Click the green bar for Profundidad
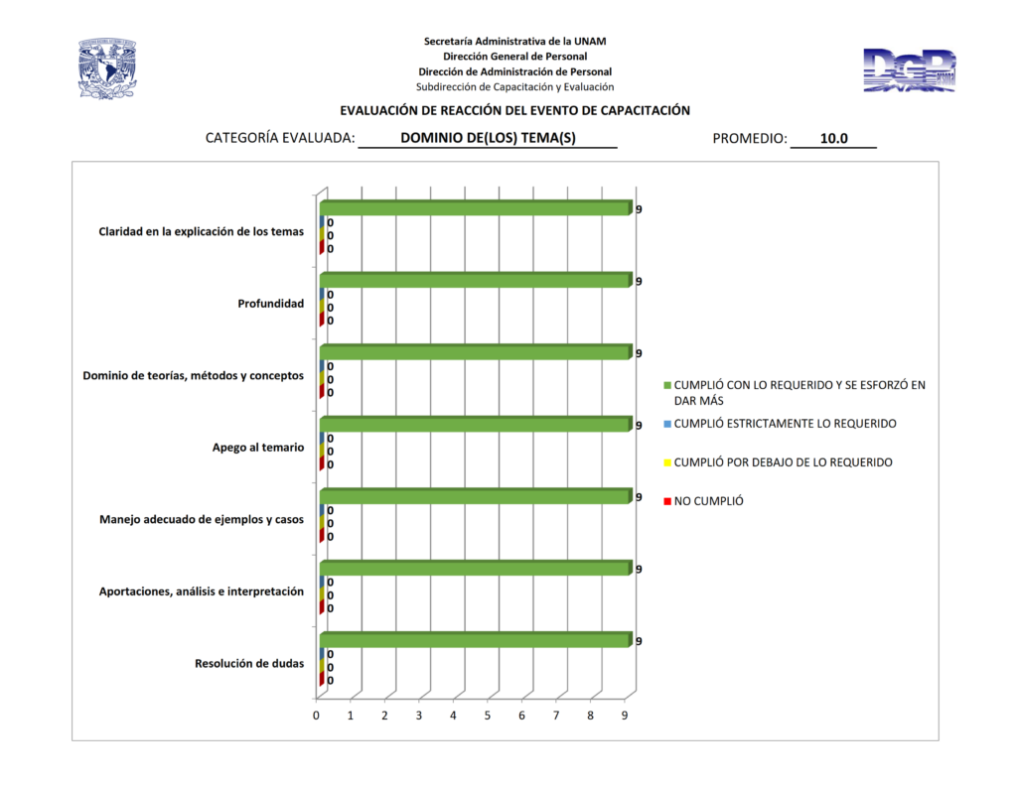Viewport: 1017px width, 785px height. (475, 281)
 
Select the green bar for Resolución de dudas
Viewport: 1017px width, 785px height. (475, 641)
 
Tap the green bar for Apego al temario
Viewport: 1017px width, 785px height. (475, 425)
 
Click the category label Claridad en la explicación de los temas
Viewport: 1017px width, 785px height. (201, 232)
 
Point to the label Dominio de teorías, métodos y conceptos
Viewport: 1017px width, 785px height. (193, 376)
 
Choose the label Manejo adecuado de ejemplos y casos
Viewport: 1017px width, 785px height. (202, 519)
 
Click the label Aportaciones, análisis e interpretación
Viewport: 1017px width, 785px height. (201, 591)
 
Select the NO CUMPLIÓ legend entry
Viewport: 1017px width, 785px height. (708, 501)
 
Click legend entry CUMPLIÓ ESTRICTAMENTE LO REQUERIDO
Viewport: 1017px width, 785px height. (785, 424)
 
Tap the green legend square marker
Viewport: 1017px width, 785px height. (668, 385)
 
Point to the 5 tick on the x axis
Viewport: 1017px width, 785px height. (488, 716)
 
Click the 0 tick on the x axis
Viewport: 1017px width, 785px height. (317, 716)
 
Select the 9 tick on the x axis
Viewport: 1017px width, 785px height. (625, 716)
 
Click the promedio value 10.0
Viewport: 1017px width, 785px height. (833, 139)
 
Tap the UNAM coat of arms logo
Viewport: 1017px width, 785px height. (107, 68)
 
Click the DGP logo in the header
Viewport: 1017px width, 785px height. (909, 70)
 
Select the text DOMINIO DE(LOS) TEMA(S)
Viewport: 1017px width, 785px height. (488, 139)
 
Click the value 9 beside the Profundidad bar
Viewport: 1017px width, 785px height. (639, 282)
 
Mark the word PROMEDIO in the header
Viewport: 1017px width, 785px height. (749, 139)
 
